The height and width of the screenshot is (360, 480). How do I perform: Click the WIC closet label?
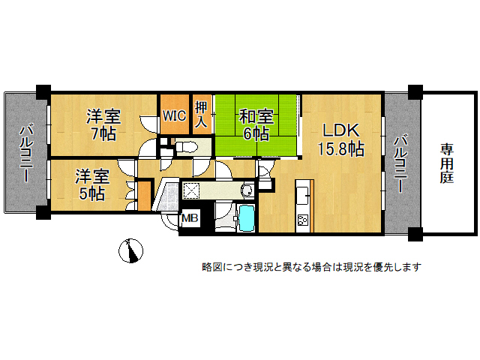(174, 115)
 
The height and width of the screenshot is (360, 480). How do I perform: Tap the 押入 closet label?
(201, 114)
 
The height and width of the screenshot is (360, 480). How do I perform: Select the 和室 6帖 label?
(256, 124)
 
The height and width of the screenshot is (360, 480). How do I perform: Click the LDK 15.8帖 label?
(340, 140)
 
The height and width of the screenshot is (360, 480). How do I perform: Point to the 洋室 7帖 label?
(103, 124)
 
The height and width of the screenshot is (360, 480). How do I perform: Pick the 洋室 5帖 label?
(92, 184)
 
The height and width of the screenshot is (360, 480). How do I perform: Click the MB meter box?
(190, 218)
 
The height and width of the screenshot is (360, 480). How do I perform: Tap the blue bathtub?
(247, 217)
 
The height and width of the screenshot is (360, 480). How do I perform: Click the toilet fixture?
(187, 148)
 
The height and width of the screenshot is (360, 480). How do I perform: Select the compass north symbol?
(130, 250)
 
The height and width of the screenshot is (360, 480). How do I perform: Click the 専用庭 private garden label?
(447, 163)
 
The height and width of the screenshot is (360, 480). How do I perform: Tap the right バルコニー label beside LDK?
(400, 163)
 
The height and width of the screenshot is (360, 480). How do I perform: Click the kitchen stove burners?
(303, 220)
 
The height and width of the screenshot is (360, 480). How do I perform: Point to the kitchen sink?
(302, 195)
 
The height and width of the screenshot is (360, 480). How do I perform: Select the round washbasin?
(247, 190)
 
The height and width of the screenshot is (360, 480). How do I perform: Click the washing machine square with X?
(191, 191)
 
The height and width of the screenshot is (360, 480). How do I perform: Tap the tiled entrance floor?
(166, 196)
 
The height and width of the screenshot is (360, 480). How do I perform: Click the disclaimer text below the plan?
(312, 267)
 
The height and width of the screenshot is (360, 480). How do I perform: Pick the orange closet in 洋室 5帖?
(144, 196)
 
